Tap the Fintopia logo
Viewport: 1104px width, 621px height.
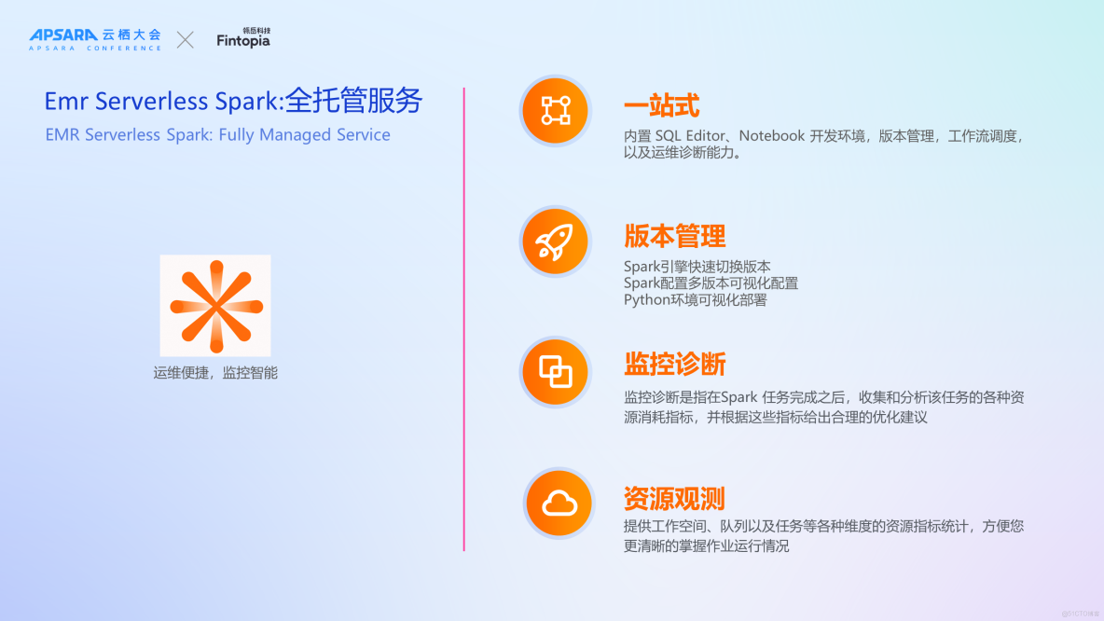(x=243, y=39)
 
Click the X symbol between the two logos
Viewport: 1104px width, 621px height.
(x=186, y=39)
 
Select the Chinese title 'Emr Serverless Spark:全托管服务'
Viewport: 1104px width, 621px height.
(x=233, y=101)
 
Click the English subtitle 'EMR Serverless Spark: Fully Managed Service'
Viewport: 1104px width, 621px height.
(x=217, y=135)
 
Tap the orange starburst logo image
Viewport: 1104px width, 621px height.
(x=215, y=306)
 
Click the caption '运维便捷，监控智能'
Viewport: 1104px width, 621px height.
(x=215, y=373)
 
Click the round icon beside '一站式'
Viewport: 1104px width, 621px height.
(x=556, y=111)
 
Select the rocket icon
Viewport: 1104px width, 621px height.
(x=556, y=242)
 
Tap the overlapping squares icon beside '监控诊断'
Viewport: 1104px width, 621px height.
(x=556, y=373)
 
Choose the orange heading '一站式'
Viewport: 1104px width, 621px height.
(x=661, y=106)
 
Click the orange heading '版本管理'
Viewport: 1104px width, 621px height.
(x=674, y=236)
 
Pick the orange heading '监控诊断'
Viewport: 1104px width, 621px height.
(x=674, y=364)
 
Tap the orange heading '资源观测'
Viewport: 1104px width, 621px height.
(x=674, y=498)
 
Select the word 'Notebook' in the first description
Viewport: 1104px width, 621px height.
(x=771, y=136)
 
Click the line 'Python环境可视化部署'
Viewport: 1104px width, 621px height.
(x=695, y=299)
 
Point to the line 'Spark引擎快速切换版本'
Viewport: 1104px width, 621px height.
(x=697, y=267)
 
